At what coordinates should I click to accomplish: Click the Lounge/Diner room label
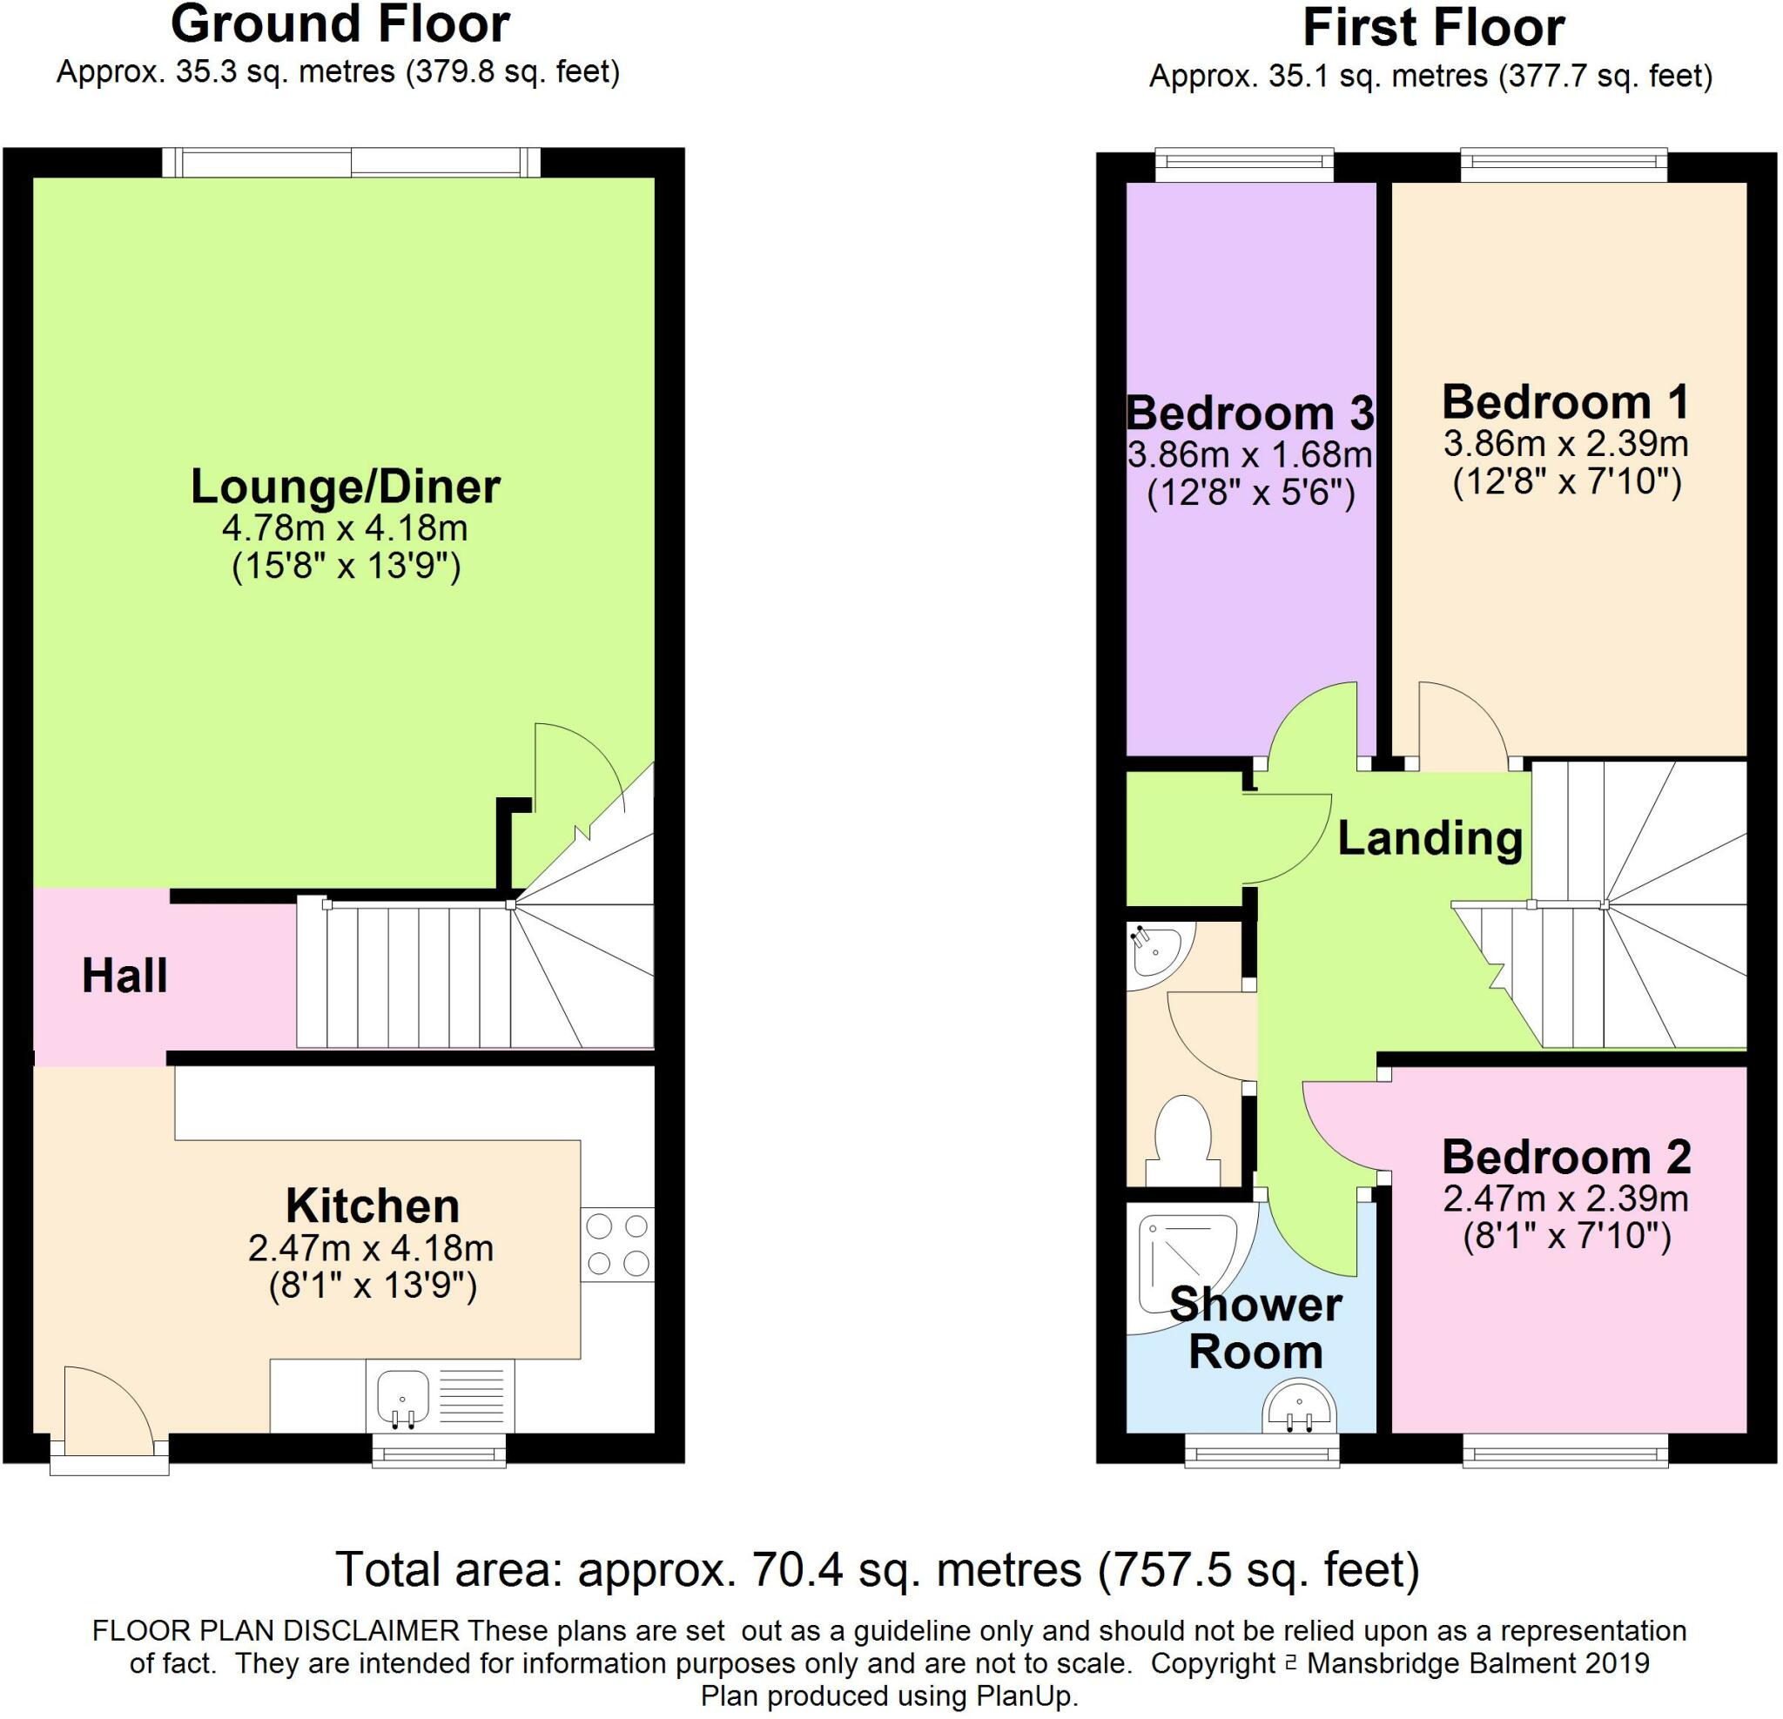coord(345,487)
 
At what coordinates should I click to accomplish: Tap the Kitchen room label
coord(372,1206)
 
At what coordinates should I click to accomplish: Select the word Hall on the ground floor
coord(124,976)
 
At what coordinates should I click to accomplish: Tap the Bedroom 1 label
coord(1565,401)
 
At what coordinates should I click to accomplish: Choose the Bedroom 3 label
coord(1250,413)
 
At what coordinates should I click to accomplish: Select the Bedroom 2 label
coord(1565,1157)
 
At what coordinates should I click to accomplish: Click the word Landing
coord(1430,838)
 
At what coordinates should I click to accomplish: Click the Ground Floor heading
coord(340,24)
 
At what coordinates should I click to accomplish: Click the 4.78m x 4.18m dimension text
coord(345,527)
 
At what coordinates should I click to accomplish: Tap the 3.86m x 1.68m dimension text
coord(1250,453)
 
